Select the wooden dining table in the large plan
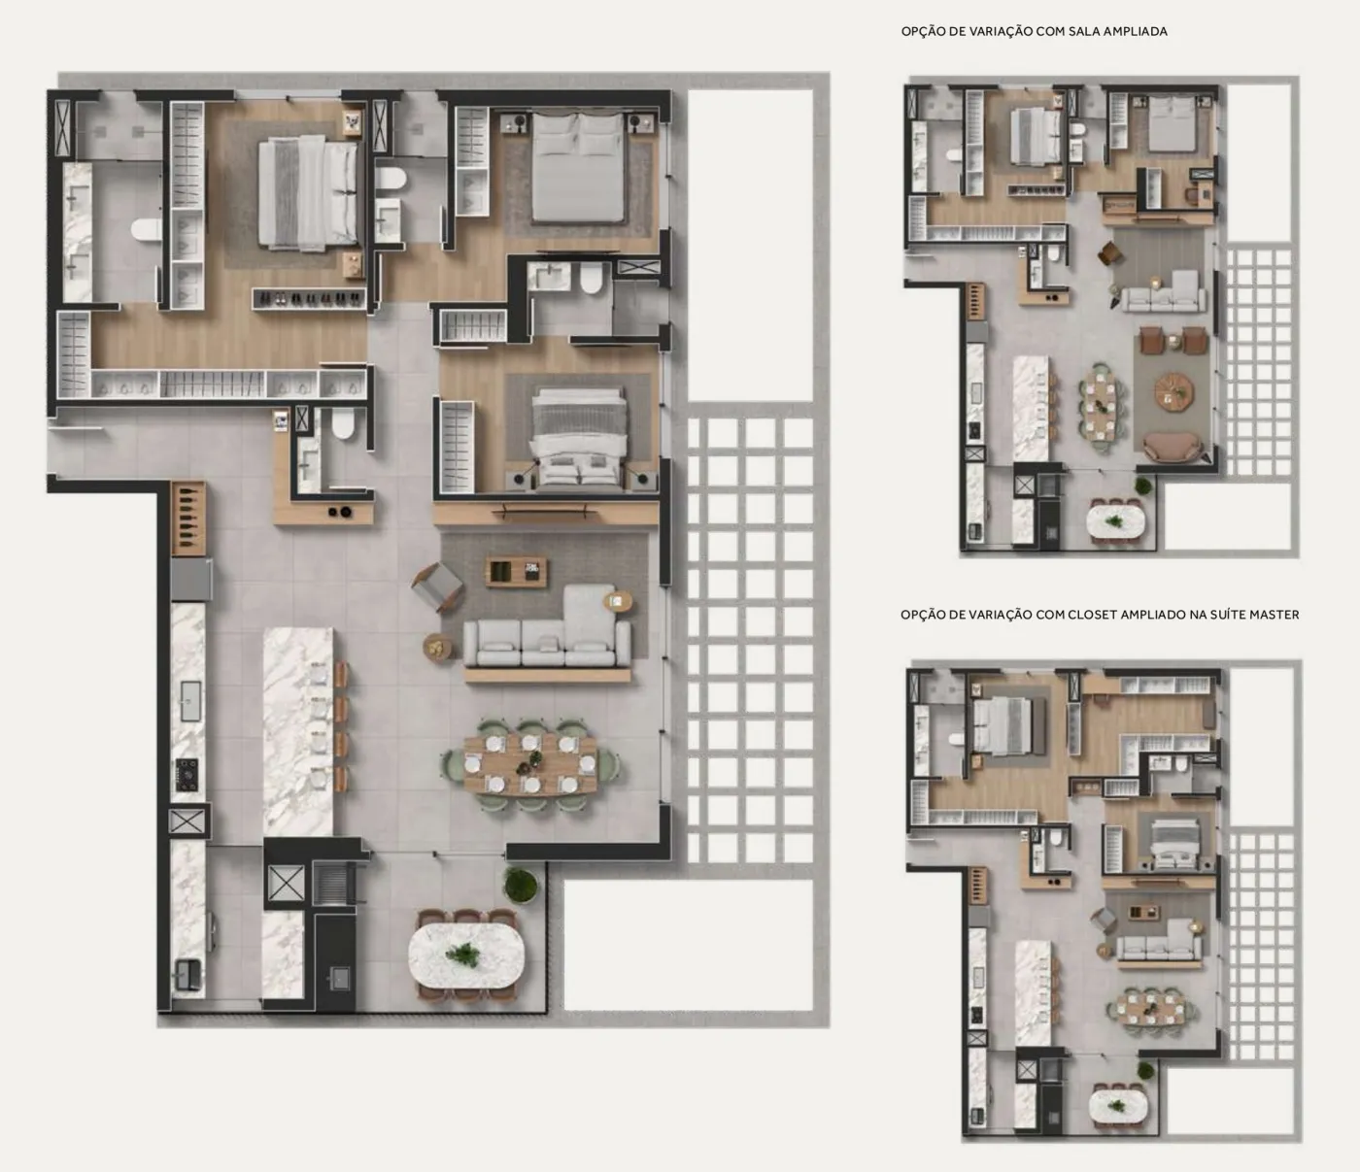(x=530, y=764)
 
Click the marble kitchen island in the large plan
(x=298, y=731)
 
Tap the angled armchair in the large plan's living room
(x=437, y=586)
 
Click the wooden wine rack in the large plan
(x=188, y=519)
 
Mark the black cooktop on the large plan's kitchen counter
(x=187, y=776)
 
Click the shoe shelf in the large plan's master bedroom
(x=309, y=299)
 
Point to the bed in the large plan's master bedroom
(x=308, y=193)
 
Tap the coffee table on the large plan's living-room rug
(x=516, y=572)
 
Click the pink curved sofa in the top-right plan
(x=1173, y=448)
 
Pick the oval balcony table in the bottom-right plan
(x=1117, y=1106)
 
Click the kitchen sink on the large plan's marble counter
(x=190, y=700)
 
